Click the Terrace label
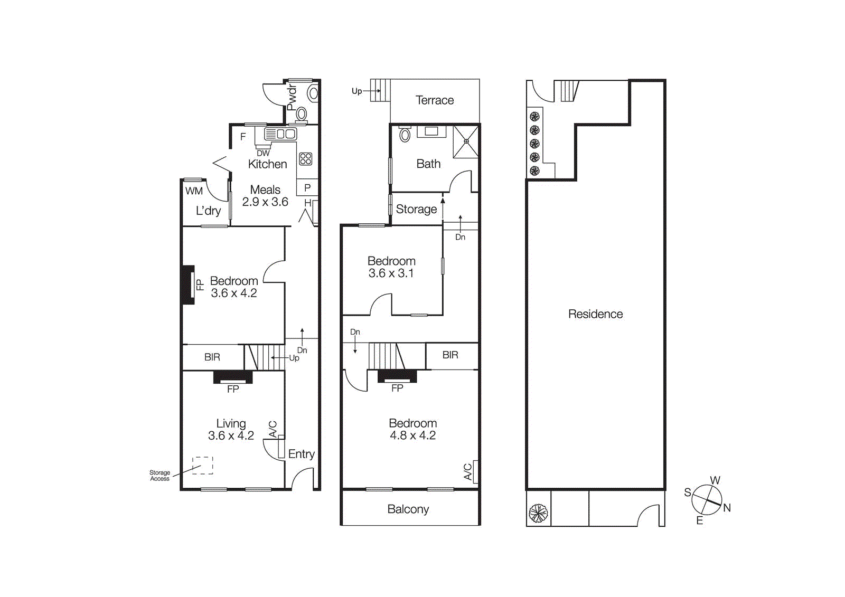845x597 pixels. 434,100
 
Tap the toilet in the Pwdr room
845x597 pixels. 302,113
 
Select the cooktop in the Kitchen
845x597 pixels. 305,158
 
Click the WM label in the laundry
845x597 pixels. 194,191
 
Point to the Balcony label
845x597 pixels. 408,509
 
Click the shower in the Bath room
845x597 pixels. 466,141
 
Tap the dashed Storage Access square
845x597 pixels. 202,465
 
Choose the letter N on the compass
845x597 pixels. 727,508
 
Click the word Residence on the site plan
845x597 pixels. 595,314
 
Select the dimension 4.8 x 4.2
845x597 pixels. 412,435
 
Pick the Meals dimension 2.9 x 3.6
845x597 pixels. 265,202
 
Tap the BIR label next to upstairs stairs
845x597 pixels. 450,355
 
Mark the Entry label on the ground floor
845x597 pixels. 301,454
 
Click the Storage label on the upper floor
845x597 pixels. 416,210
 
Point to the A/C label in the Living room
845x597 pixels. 273,429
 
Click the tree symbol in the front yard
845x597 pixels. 538,513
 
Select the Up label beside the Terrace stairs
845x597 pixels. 356,91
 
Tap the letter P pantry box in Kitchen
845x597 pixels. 307,187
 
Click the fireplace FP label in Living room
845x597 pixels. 233,389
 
